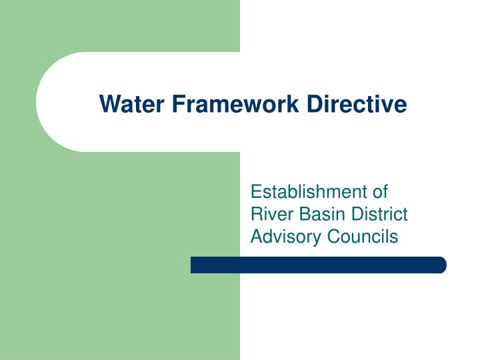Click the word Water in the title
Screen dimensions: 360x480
(125, 104)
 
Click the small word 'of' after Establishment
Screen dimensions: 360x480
(379, 193)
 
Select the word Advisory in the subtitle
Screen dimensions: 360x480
(280, 236)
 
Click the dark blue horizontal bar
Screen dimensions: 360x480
(318, 265)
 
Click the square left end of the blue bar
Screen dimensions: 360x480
(194, 265)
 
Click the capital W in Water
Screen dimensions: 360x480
(108, 104)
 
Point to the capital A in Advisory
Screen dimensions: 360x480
(255, 236)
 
